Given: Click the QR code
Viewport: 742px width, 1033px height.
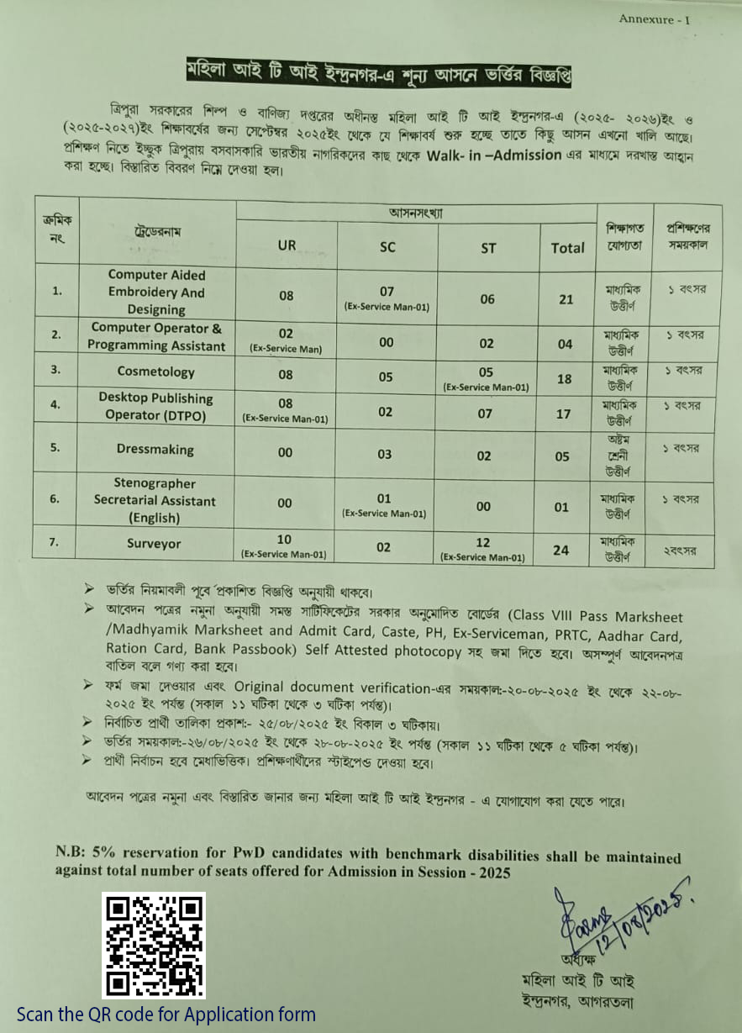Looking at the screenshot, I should (x=154, y=946).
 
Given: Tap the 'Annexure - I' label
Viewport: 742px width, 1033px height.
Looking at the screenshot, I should (x=654, y=19).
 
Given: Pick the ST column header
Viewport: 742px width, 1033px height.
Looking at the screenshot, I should (x=488, y=248).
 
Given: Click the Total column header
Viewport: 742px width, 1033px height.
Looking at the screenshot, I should (x=567, y=248).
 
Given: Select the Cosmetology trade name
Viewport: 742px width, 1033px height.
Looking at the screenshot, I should (x=156, y=372).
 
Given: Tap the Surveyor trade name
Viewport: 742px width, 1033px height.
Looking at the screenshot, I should (x=155, y=544).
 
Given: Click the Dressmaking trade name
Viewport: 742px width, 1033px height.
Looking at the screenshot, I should (x=155, y=449).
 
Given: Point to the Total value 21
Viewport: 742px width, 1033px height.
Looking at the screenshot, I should (x=565, y=300).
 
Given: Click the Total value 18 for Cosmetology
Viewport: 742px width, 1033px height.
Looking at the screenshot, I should (x=564, y=379).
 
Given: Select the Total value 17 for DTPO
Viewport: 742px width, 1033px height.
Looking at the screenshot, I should (x=564, y=414).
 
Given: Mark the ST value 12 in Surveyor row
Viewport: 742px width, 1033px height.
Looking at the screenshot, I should (x=482, y=542).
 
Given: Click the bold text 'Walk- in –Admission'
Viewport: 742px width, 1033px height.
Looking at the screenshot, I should (x=494, y=155).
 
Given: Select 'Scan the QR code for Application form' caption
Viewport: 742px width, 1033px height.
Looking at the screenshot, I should (x=166, y=1015).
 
